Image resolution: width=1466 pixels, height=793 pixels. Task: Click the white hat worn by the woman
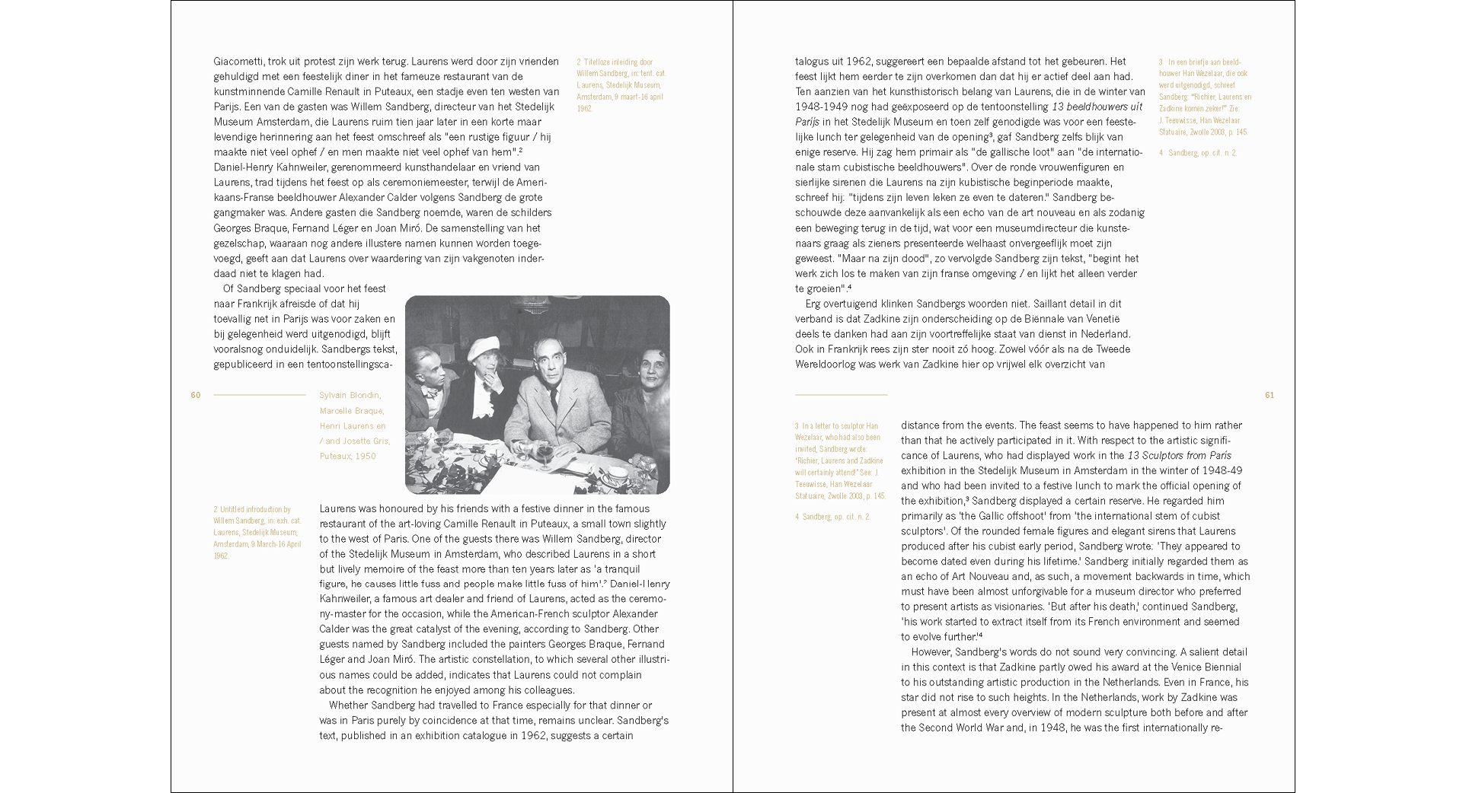(x=483, y=349)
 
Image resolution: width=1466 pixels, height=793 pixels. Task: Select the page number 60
(x=196, y=395)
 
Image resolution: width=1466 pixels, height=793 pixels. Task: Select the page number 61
(x=1269, y=395)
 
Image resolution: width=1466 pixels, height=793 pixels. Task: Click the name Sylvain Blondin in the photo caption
(x=350, y=395)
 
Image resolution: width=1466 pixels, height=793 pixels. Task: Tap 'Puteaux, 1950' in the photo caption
(x=347, y=456)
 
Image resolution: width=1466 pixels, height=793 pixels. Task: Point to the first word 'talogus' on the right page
(x=813, y=61)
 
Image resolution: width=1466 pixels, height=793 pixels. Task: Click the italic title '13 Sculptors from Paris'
(x=1179, y=455)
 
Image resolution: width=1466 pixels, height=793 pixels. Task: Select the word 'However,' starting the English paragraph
(x=931, y=652)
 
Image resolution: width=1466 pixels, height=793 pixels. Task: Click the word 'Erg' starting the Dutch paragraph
(x=813, y=304)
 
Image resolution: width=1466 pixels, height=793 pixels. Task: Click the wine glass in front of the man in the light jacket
(x=544, y=454)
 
